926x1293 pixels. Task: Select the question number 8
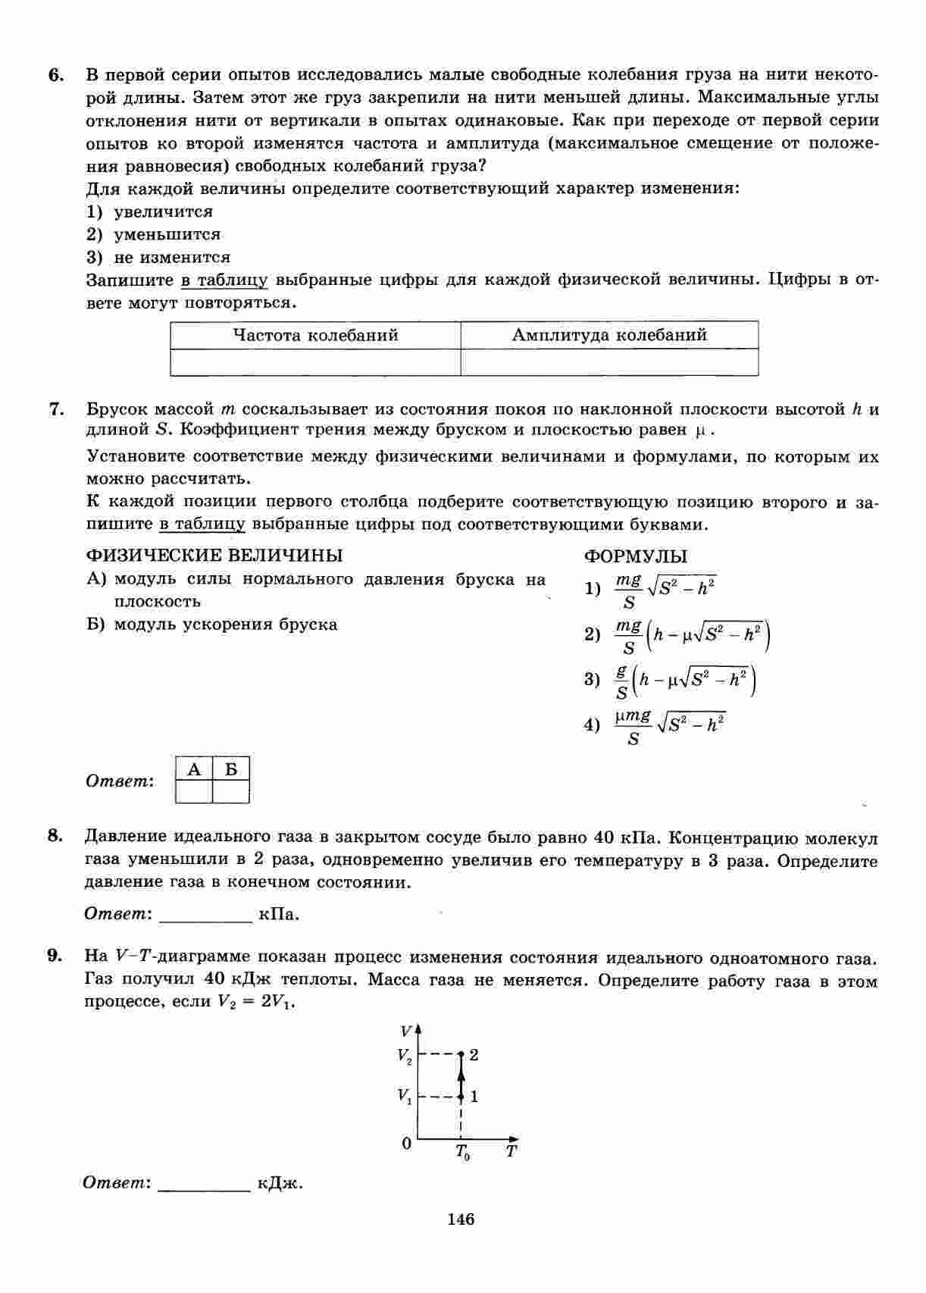coord(54,836)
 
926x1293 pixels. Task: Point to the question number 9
coord(54,956)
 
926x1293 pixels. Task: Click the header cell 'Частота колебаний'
coord(315,335)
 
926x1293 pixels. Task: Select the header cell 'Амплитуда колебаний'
coord(609,335)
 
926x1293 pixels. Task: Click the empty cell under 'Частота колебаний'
coord(315,362)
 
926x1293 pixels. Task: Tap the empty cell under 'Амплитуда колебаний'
coord(609,362)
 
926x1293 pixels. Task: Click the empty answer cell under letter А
coord(194,792)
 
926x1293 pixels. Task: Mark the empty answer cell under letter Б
coord(231,792)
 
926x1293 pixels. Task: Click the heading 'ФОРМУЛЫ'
coord(636,556)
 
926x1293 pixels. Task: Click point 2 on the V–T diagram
coord(460,1054)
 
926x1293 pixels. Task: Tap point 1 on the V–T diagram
coord(460,1096)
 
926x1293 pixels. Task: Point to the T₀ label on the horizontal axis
coord(462,1152)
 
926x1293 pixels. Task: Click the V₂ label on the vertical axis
coord(405,1055)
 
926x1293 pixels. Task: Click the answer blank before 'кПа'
coord(205,915)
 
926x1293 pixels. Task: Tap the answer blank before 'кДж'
coord(204,1184)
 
